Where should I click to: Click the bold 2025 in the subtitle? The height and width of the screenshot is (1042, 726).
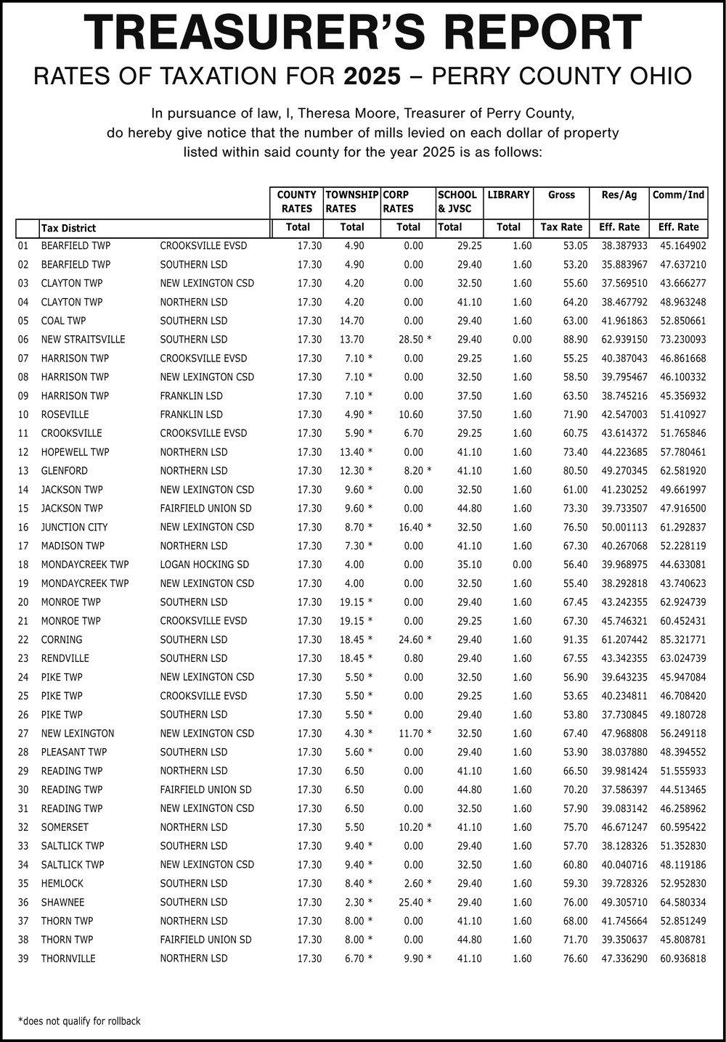[x=372, y=76]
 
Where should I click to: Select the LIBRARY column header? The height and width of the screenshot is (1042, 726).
[x=508, y=194]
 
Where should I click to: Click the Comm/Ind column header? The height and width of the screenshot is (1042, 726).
[x=678, y=194]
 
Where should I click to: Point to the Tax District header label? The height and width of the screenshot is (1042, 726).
[x=68, y=228]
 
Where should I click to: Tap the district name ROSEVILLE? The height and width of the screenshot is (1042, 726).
[x=65, y=414]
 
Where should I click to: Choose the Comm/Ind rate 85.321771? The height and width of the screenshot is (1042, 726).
[x=682, y=639]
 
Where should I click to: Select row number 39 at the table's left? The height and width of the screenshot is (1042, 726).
[x=23, y=958]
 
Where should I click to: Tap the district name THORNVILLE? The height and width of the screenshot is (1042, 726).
[x=68, y=958]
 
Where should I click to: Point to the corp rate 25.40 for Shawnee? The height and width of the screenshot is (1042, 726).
[x=411, y=902]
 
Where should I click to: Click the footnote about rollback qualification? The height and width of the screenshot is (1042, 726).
[x=79, y=1021]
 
